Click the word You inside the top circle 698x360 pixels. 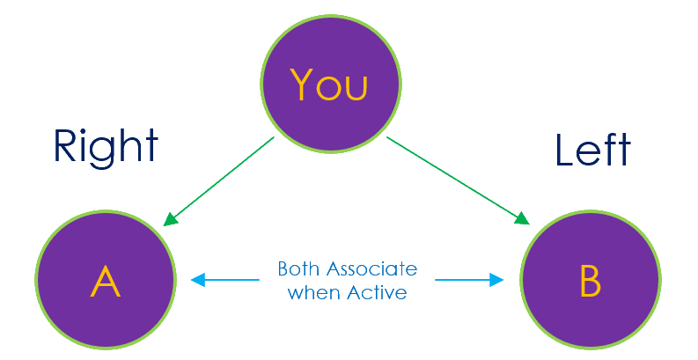(x=329, y=85)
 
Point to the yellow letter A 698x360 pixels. (x=106, y=282)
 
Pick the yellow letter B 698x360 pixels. (x=590, y=282)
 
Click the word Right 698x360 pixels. (x=106, y=146)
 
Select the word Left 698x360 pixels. (x=592, y=151)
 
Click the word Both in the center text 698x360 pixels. (x=296, y=268)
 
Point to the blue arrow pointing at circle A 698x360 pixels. (x=225, y=280)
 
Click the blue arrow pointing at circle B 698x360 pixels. (x=469, y=280)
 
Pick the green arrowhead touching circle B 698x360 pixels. (x=522, y=218)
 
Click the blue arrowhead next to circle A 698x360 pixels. (x=197, y=280)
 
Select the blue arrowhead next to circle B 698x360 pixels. (x=497, y=280)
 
